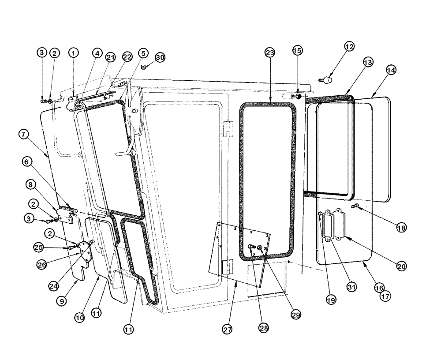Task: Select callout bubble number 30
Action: tap(160, 57)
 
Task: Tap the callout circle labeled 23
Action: tap(269, 52)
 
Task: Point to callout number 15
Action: tap(298, 50)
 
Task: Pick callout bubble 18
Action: tap(401, 228)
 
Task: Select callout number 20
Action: tap(401, 266)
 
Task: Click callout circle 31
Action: tap(351, 287)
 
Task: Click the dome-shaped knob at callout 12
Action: tap(327, 80)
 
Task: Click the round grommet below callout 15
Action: tap(298, 97)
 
